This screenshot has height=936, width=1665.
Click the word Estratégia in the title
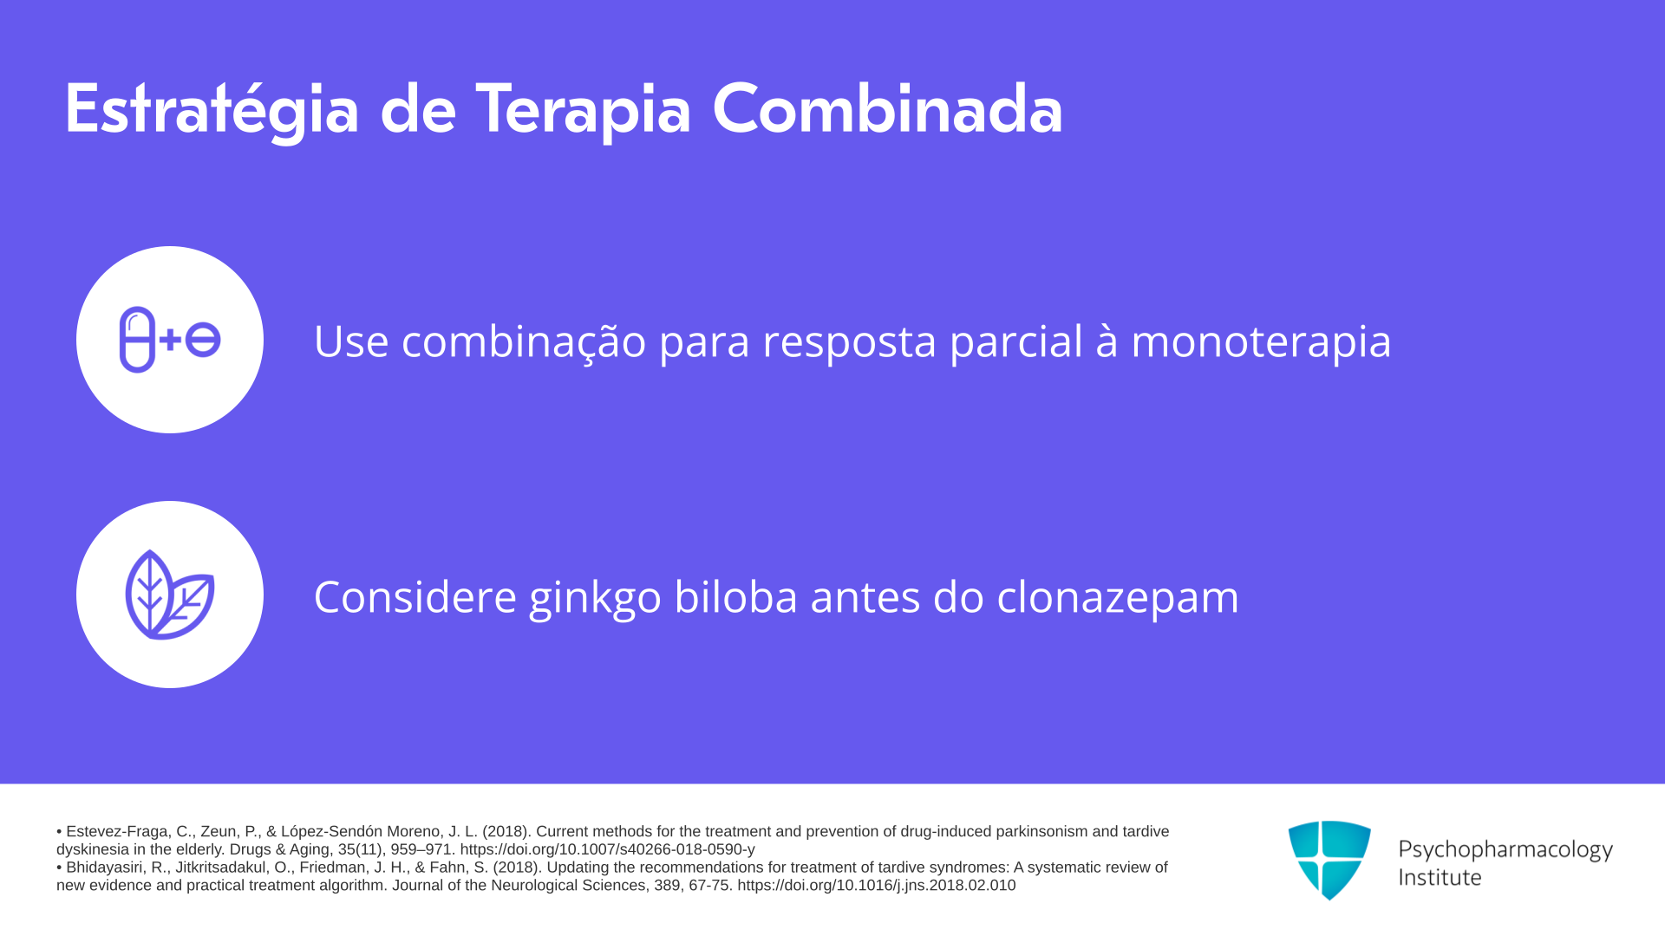pyautogui.click(x=212, y=110)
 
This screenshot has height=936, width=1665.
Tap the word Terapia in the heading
pyautogui.click(x=583, y=110)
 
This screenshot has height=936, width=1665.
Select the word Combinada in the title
pyautogui.click(x=887, y=108)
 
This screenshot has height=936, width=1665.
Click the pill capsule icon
pyautogui.click(x=137, y=340)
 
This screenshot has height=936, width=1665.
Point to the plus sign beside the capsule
pyautogui.click(x=170, y=340)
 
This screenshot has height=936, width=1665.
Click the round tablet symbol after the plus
pyautogui.click(x=203, y=340)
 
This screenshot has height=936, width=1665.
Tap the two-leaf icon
pyautogui.click(x=170, y=595)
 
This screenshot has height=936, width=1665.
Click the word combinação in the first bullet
pyautogui.click(x=524, y=341)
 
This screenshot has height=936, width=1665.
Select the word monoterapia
pyautogui.click(x=1261, y=341)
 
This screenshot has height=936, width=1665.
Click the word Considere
pyautogui.click(x=415, y=597)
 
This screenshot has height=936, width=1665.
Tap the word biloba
pyautogui.click(x=735, y=597)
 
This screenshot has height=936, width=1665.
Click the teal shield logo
pyautogui.click(x=1329, y=860)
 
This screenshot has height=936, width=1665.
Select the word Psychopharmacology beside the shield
pyautogui.click(x=1505, y=850)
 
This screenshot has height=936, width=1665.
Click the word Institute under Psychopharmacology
pyautogui.click(x=1440, y=878)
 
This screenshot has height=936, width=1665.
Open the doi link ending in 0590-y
pyautogui.click(x=607, y=849)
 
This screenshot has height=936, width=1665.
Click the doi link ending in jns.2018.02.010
pyautogui.click(x=876, y=886)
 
